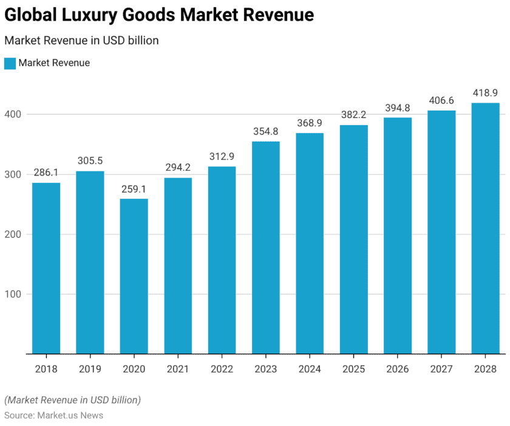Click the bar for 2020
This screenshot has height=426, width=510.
point(134,276)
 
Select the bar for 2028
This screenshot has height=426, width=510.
point(486,228)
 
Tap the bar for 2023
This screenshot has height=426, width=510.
point(266,247)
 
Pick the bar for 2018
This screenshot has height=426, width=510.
point(46,268)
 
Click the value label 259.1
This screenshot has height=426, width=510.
point(134,189)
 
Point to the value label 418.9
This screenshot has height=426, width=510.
point(486,93)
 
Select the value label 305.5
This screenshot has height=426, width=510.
point(90,161)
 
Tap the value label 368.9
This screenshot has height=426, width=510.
point(310,123)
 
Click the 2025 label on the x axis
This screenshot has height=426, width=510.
point(354,369)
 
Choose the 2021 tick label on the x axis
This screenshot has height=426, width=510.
point(178,369)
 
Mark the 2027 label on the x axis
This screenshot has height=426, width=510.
point(441,369)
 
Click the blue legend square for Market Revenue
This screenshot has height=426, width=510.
point(10,63)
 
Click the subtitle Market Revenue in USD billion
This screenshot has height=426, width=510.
point(81,41)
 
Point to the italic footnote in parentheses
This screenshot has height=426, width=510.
point(72,400)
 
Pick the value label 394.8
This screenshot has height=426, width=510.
point(398,108)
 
